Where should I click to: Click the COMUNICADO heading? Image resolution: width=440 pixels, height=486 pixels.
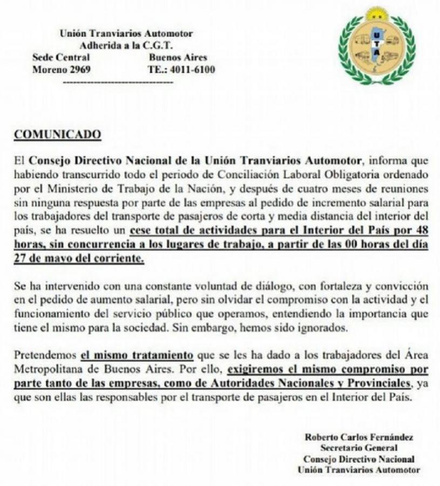tap(57, 134)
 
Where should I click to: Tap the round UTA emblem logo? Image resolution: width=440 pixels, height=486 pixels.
tap(377, 46)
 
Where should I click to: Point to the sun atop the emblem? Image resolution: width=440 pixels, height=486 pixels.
tap(377, 14)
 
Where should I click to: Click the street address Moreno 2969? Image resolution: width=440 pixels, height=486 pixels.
tap(62, 70)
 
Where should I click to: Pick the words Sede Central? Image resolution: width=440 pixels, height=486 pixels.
tap(61, 58)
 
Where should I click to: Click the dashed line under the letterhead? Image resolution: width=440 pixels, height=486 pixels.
tap(118, 82)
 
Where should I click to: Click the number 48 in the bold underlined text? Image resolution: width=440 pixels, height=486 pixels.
tap(422, 231)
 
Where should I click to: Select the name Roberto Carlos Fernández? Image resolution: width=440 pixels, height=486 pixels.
tap(359, 437)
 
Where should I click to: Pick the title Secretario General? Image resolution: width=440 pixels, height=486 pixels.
tap(359, 448)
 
